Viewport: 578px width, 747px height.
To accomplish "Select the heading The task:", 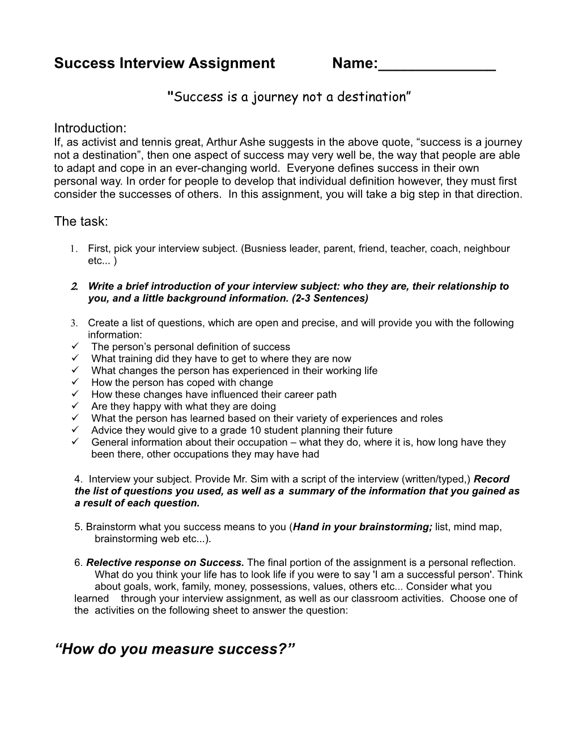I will [80, 222].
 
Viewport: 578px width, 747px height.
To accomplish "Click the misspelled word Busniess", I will [266, 248].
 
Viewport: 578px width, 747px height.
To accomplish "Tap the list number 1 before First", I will [73, 249].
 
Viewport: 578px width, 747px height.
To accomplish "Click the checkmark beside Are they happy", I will [75, 406].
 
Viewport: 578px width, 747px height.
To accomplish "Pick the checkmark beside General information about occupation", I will [75, 442].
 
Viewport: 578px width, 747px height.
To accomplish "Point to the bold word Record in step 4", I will [491, 479].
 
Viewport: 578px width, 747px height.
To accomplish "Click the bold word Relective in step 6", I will [108, 563].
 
